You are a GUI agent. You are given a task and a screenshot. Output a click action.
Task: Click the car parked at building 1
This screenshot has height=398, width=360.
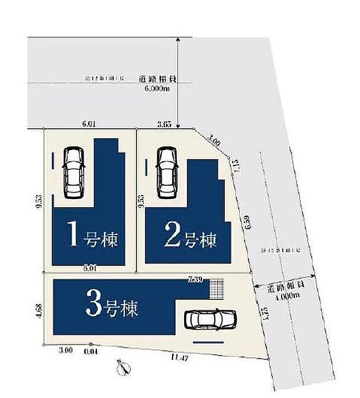point(74,172)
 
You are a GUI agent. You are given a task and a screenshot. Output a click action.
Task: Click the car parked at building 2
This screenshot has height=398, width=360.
point(166,171)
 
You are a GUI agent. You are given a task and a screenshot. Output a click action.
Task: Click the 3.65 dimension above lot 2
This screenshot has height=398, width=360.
point(164,124)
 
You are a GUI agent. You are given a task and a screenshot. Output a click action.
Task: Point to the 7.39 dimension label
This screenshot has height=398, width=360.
point(195,280)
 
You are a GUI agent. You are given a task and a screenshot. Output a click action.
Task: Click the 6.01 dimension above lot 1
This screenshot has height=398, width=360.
point(89,124)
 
